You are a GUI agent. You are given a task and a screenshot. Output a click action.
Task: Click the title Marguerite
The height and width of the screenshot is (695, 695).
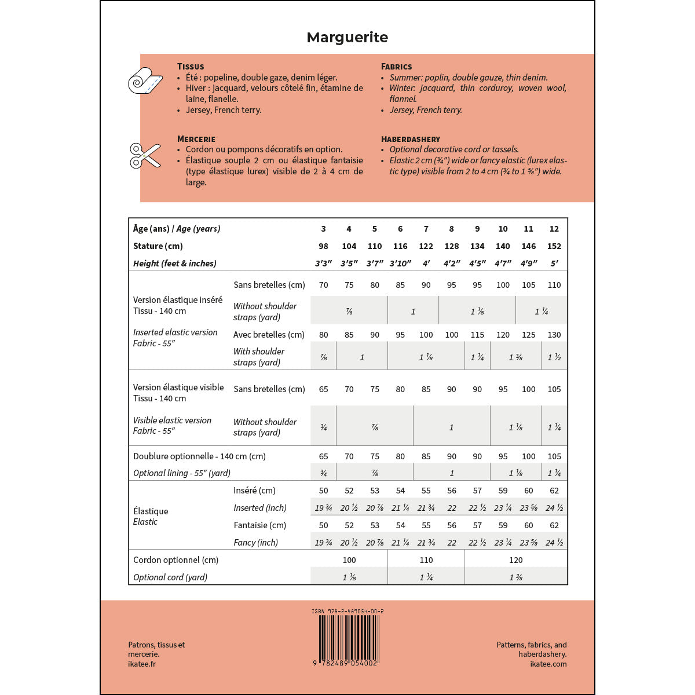[348, 38]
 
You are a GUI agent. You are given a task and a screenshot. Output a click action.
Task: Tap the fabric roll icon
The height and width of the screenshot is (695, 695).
[145, 81]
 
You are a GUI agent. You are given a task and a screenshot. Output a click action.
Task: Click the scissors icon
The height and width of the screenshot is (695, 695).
[145, 155]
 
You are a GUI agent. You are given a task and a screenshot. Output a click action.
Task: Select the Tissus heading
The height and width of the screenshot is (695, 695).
[191, 67]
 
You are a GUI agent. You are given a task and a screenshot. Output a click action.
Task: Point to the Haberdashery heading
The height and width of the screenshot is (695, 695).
[411, 139]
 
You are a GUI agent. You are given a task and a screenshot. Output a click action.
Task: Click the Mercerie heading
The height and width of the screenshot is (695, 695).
[196, 139]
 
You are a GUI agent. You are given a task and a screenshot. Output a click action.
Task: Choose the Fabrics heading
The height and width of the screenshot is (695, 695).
[397, 67]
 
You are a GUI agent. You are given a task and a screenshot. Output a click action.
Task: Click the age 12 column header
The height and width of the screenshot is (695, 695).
[554, 229]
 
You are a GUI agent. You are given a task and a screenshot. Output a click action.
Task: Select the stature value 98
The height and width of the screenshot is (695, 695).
[323, 246]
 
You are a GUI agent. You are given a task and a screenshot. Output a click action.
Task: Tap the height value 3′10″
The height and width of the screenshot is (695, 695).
[400, 264]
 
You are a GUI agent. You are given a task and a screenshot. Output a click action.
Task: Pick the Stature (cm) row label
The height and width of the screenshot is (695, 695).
[158, 246]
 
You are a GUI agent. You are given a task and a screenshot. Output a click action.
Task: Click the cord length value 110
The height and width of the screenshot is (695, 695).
[426, 560]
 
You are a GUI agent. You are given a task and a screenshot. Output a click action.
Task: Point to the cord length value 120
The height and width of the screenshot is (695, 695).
[515, 560]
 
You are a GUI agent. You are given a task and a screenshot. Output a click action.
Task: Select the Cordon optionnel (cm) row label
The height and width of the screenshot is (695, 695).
[176, 560]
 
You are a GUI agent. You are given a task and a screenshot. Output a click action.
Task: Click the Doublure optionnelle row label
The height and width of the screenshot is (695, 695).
[199, 456]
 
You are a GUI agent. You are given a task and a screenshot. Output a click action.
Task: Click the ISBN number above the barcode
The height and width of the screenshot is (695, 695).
[348, 611]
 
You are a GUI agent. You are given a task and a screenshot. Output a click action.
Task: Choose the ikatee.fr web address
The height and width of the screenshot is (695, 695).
[142, 664]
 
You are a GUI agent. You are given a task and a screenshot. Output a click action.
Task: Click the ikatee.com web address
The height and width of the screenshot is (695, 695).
[548, 664]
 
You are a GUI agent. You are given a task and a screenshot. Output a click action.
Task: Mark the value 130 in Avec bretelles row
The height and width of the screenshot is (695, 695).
[554, 335]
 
